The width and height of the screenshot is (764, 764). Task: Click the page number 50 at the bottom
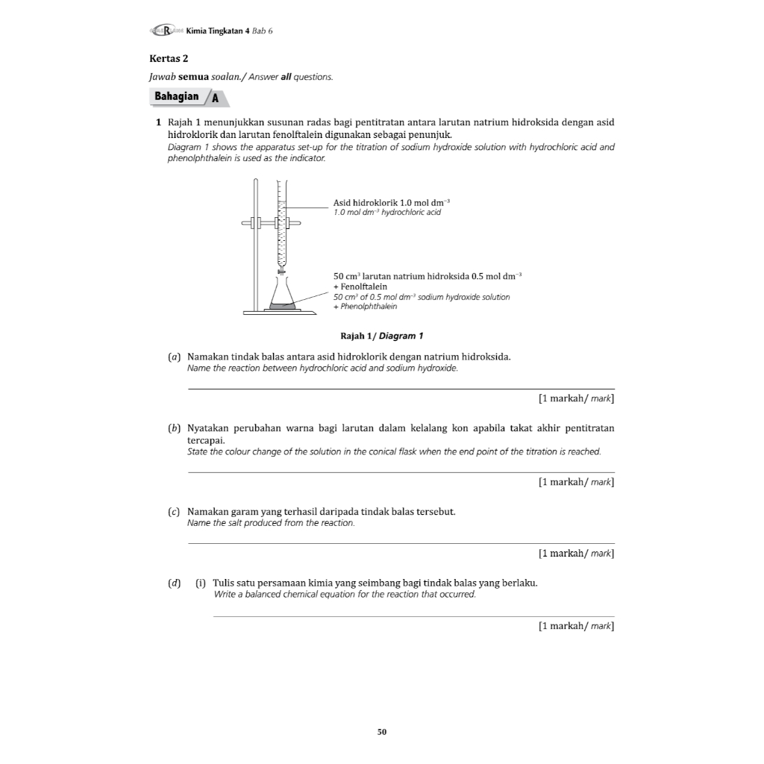382,732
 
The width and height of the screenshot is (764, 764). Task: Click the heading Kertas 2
169,58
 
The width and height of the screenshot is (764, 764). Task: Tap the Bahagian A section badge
189,97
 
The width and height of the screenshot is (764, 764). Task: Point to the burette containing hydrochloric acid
281,224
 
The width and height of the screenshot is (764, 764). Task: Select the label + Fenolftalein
360,286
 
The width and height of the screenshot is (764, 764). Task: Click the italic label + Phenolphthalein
366,307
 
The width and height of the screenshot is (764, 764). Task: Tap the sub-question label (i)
201,583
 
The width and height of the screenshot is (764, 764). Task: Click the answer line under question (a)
401,389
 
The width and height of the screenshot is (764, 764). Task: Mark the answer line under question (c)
401,544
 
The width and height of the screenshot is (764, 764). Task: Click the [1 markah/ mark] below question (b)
576,482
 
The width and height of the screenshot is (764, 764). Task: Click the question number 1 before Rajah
159,122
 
